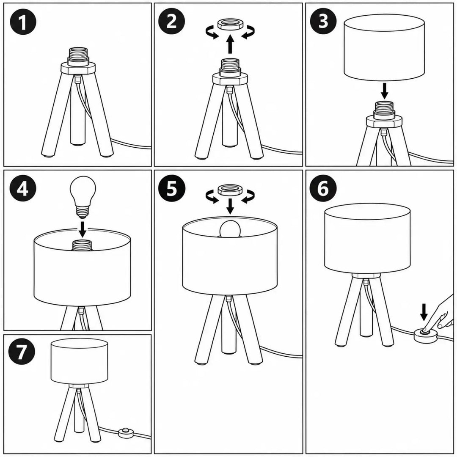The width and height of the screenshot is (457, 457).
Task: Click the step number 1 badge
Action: pos(22,22)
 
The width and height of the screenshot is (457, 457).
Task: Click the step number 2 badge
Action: pos(172,21)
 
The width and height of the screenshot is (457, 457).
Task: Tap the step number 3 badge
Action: pos(323,21)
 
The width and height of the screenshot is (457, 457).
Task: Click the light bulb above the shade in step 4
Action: pos(83,197)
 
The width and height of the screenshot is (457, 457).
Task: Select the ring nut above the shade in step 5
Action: pos(230,190)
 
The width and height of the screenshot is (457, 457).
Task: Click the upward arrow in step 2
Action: pos(230,44)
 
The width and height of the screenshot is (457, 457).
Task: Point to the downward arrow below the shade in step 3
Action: pos(385,91)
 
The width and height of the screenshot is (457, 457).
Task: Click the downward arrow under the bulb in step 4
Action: pos(83,229)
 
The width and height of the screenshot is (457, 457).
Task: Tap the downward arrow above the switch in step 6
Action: pos(424,312)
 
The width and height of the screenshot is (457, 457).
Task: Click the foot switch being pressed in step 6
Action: pos(425,335)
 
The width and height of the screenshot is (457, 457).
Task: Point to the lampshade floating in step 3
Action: pos(384,47)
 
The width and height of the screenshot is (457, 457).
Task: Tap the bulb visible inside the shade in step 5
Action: pos(230,229)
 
